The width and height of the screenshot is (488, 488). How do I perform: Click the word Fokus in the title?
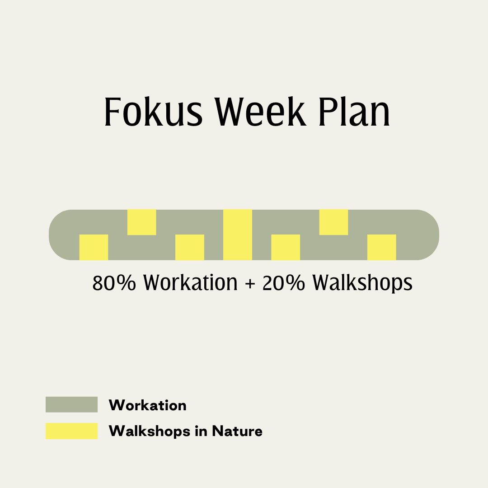click(154, 112)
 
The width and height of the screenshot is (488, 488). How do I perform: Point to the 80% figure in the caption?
click(114, 282)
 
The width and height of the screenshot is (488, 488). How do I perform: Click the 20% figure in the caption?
click(283, 282)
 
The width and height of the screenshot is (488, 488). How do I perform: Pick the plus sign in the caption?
click(250, 284)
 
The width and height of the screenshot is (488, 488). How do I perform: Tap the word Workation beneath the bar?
click(190, 282)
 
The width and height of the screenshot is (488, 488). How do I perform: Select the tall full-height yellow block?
click(238, 235)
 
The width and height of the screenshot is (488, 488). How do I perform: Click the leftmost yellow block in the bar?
click(94, 247)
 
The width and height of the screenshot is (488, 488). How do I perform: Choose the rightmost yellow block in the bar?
click(381, 247)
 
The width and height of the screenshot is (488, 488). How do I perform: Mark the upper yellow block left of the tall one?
click(141, 222)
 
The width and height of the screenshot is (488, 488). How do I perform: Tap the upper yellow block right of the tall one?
click(333, 222)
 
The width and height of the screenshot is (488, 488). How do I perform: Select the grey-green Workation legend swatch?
click(71, 404)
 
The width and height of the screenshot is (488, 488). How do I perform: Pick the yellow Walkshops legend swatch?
click(71, 431)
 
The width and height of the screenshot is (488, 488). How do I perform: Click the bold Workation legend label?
click(147, 405)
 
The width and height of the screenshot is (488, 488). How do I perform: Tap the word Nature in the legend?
click(237, 432)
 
